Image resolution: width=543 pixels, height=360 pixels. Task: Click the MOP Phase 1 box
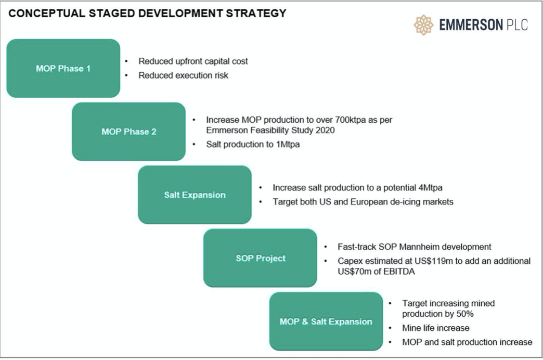63,68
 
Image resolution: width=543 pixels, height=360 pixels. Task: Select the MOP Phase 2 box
129,132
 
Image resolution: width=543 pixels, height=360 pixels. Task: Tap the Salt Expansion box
195,195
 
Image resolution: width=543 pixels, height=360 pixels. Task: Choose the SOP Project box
260,258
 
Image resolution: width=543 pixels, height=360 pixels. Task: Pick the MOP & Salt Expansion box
326,321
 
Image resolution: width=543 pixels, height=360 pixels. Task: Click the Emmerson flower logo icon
423,25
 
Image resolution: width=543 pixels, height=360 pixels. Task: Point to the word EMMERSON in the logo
471,25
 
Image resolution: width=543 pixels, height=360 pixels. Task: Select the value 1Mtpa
288,145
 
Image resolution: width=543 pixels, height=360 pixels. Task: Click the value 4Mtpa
430,188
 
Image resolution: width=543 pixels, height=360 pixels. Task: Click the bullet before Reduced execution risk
126,75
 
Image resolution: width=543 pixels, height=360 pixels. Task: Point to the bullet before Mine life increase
390,328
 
